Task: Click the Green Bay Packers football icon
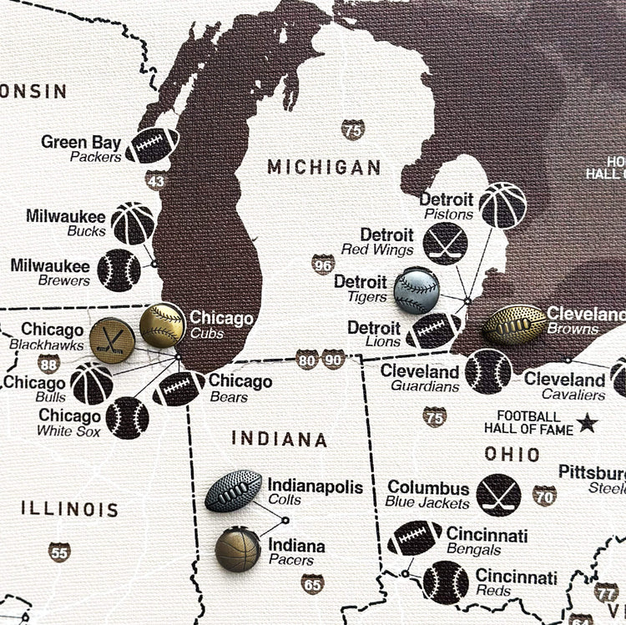pyautogui.click(x=153, y=144)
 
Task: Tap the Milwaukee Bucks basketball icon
pyautogui.click(x=133, y=223)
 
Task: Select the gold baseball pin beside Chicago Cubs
pyautogui.click(x=163, y=325)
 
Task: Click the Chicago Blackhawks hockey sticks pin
pyautogui.click(x=112, y=340)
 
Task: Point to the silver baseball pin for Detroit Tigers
pyautogui.click(x=416, y=290)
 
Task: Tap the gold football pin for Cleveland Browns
pyautogui.click(x=514, y=324)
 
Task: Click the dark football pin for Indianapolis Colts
pyautogui.click(x=234, y=491)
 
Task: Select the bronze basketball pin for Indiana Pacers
pyautogui.click(x=238, y=549)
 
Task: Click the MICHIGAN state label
pyautogui.click(x=324, y=168)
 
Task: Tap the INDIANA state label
pyautogui.click(x=279, y=439)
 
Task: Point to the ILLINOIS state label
pyautogui.click(x=69, y=509)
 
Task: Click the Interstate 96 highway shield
pyautogui.click(x=324, y=264)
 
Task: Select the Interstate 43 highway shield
pyautogui.click(x=156, y=180)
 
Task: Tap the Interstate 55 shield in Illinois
pyautogui.click(x=59, y=552)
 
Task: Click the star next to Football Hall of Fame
pyautogui.click(x=588, y=423)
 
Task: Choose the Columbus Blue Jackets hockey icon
pyautogui.click(x=498, y=495)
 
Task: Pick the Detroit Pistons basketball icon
pyautogui.click(x=503, y=205)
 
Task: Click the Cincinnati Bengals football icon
pyautogui.click(x=414, y=538)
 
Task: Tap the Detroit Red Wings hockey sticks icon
pyautogui.click(x=445, y=243)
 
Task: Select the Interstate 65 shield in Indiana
pyautogui.click(x=313, y=583)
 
